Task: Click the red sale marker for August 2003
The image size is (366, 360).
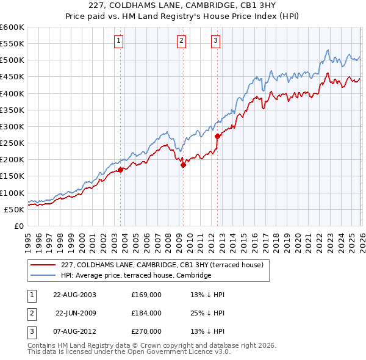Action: pyautogui.click(x=121, y=170)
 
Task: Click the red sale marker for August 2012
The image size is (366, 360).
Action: pyautogui.click(x=217, y=137)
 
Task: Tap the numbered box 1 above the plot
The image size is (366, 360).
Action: pyautogui.click(x=118, y=41)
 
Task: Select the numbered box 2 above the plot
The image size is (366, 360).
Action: pyautogui.click(x=182, y=41)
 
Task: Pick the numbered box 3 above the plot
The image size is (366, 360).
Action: pyautogui.click(x=216, y=41)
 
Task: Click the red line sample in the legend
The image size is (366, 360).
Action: pyautogui.click(x=43, y=265)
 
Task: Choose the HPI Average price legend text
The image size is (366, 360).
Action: pyautogui.click(x=135, y=276)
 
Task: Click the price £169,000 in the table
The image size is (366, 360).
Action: pyautogui.click(x=146, y=294)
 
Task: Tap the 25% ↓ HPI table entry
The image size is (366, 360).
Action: pyautogui.click(x=208, y=313)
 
